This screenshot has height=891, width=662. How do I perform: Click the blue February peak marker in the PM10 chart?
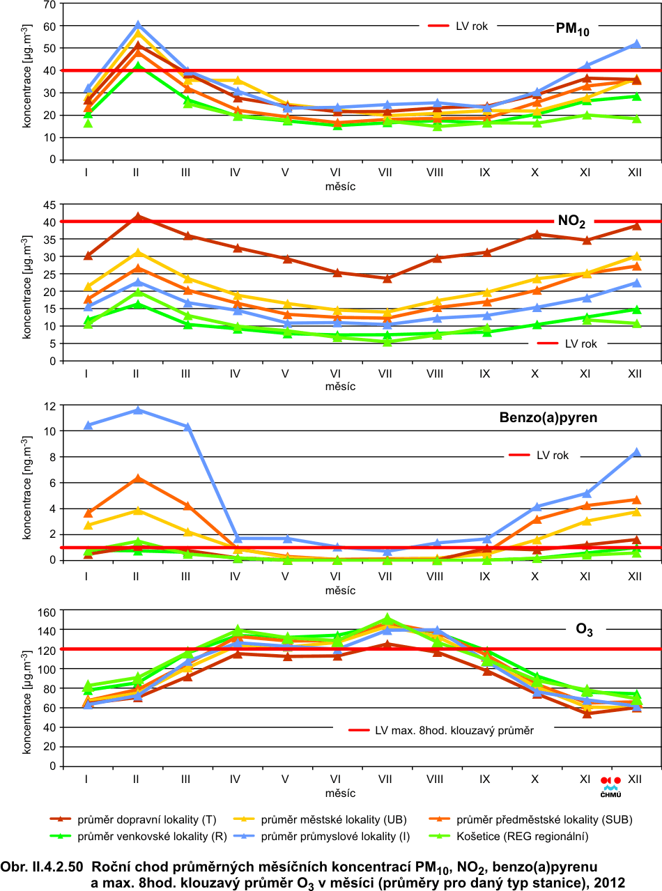[137, 25]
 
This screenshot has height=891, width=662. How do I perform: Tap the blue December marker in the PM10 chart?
[636, 44]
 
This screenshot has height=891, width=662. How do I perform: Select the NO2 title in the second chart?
[571, 222]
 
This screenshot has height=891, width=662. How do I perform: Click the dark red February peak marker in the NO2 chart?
[137, 217]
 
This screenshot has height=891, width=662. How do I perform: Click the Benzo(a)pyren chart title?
[548, 419]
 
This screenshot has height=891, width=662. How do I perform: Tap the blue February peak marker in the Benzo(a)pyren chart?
[137, 410]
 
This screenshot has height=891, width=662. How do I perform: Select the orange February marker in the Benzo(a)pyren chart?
[137, 478]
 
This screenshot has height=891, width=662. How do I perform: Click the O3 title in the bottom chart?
[584, 630]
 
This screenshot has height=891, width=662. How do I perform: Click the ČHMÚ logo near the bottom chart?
[610, 786]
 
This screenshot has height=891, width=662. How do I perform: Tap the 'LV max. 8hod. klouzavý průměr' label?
[454, 730]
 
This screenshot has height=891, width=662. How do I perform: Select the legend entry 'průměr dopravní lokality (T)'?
[139, 819]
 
